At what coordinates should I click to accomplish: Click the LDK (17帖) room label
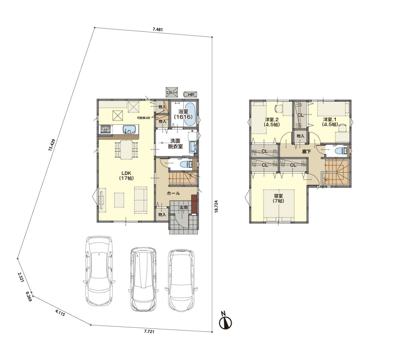[127, 176]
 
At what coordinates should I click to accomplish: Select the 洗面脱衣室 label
[175, 143]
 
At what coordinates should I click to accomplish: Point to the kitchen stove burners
[106, 129]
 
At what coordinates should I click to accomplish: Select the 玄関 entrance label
[183, 208]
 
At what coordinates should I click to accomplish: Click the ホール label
[173, 193]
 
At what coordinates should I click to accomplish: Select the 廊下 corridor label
[306, 151]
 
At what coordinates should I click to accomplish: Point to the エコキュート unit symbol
[172, 93]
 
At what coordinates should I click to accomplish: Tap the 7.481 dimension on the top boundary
[158, 29]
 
